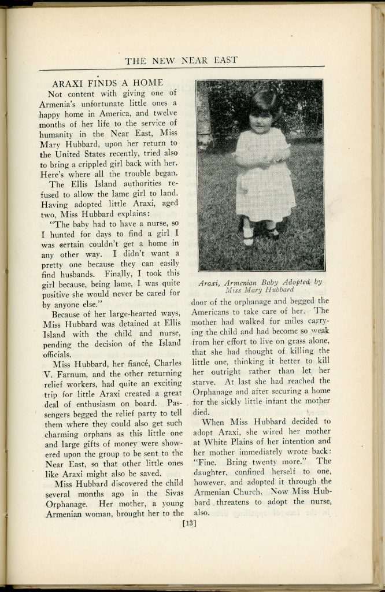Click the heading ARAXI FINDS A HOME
pos(108,83)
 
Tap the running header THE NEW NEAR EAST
pos(181,60)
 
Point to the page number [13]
pos(190,524)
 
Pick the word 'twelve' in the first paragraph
pos(165,113)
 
